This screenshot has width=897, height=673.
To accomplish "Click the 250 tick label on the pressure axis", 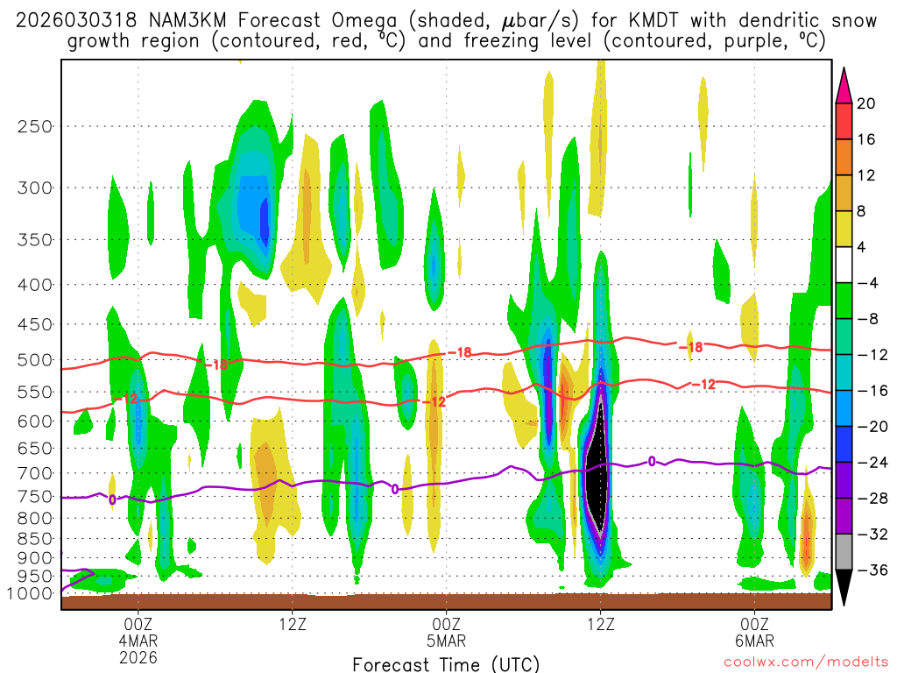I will click(33, 126).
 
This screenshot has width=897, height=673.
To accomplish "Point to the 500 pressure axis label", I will click(33, 359).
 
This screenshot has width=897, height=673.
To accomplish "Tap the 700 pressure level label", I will click(33, 473).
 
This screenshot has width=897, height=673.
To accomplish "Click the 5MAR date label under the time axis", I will click(446, 641).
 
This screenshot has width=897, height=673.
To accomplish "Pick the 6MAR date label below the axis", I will click(754, 641).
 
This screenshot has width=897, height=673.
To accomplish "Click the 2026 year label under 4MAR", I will click(138, 656).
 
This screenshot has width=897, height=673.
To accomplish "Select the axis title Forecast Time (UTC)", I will click(446, 663).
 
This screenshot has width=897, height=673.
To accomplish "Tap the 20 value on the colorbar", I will click(866, 103).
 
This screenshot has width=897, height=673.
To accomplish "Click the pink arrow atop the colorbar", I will click(844, 84).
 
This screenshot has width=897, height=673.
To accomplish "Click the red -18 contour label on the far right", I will click(694, 348).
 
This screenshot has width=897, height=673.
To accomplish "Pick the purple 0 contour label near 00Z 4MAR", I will click(112, 500).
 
